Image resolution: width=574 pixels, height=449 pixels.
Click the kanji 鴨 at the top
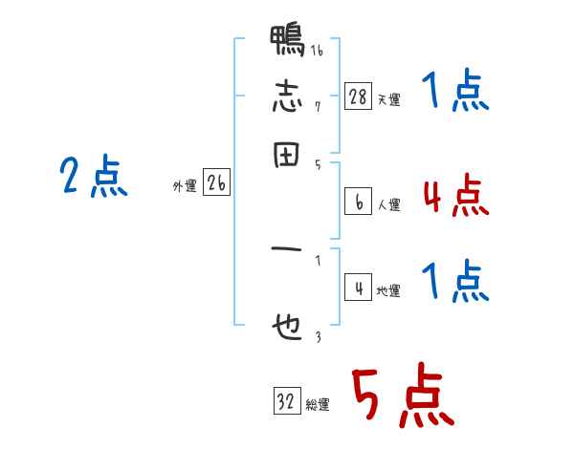click(x=287, y=42)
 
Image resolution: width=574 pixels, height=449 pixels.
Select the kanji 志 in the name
click(x=287, y=97)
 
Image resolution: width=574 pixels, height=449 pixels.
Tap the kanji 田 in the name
click(x=287, y=156)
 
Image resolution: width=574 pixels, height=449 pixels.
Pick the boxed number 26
click(x=216, y=184)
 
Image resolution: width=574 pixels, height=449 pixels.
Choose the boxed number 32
click(x=286, y=401)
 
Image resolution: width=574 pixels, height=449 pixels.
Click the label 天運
click(x=388, y=99)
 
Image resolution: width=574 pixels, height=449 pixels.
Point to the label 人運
click(x=388, y=204)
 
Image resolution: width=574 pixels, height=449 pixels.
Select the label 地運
click(x=388, y=291)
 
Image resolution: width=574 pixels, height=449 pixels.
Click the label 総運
click(x=317, y=405)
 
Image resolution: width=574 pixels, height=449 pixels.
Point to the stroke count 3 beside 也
click(x=317, y=336)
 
